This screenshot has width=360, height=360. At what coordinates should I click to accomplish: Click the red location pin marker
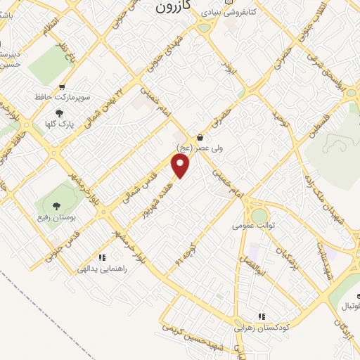coord(181,165)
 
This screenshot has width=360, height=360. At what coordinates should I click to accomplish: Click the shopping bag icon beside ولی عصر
coord(201,138)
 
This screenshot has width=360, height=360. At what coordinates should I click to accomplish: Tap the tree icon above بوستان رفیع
coord(58,204)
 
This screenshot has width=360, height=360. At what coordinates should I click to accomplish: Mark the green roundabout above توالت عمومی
coord(259,213)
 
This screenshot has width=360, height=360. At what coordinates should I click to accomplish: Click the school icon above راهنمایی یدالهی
coord(102,258)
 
